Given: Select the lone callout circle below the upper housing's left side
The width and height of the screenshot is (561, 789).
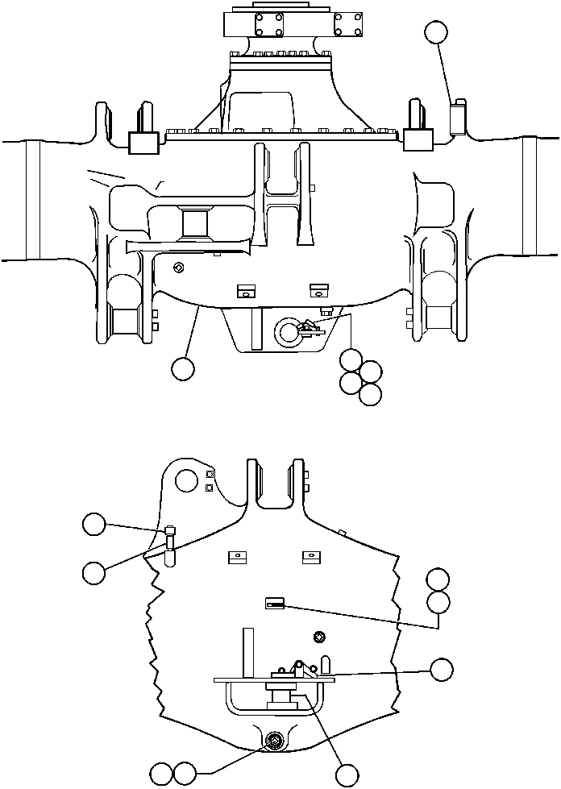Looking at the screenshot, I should coord(183,368).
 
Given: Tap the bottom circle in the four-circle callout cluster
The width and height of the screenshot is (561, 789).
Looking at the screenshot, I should coord(370,395).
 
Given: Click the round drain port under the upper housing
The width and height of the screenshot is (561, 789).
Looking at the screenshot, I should coord(287,330).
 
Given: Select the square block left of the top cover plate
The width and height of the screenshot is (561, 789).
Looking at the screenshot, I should coord(142,143).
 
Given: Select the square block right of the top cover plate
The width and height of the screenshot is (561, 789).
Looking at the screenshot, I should coord(418,142).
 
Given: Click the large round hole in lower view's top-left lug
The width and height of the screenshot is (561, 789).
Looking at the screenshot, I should coord(186,481).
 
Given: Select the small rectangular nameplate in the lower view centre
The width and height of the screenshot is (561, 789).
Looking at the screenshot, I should coord(276,603).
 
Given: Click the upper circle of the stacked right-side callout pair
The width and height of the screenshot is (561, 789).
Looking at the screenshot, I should coord(438,579).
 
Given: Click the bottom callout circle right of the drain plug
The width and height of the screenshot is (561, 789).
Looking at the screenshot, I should coord(347,774).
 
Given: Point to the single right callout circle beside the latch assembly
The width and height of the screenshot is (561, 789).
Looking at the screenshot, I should coord(441,670).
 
